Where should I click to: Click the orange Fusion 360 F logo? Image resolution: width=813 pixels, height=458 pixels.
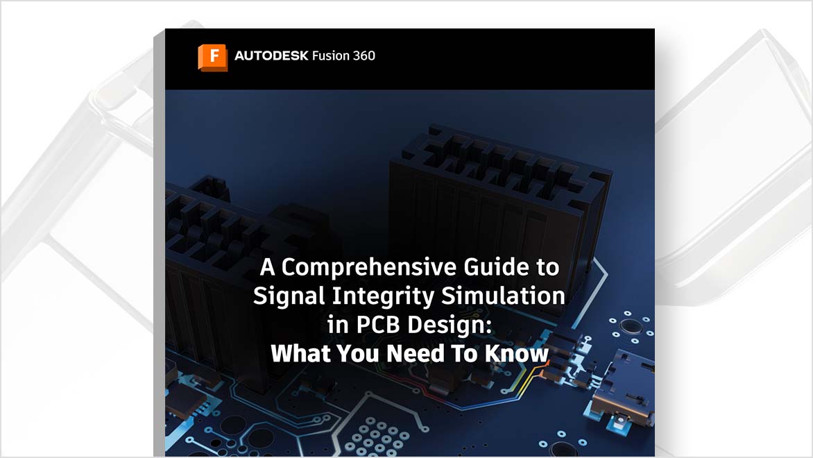[x=212, y=57]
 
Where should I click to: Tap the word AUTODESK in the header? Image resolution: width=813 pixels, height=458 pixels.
[x=271, y=56]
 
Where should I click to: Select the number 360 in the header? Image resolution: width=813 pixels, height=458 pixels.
[x=363, y=56]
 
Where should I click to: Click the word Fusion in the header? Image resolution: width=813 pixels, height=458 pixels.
[x=330, y=56]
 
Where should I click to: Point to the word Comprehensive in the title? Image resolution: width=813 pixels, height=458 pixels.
[x=368, y=268]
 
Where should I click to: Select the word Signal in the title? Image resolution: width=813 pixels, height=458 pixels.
[x=289, y=297]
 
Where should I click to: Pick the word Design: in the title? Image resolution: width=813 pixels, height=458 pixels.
[x=449, y=325]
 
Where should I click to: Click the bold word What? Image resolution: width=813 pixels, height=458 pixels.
[x=301, y=354]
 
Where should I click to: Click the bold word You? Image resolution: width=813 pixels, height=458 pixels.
[x=358, y=354]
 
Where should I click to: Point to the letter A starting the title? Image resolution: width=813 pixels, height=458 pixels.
[x=267, y=266]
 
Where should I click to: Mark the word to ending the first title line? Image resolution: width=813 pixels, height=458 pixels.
[x=548, y=268]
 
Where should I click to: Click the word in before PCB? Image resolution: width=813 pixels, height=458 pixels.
[x=338, y=325]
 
